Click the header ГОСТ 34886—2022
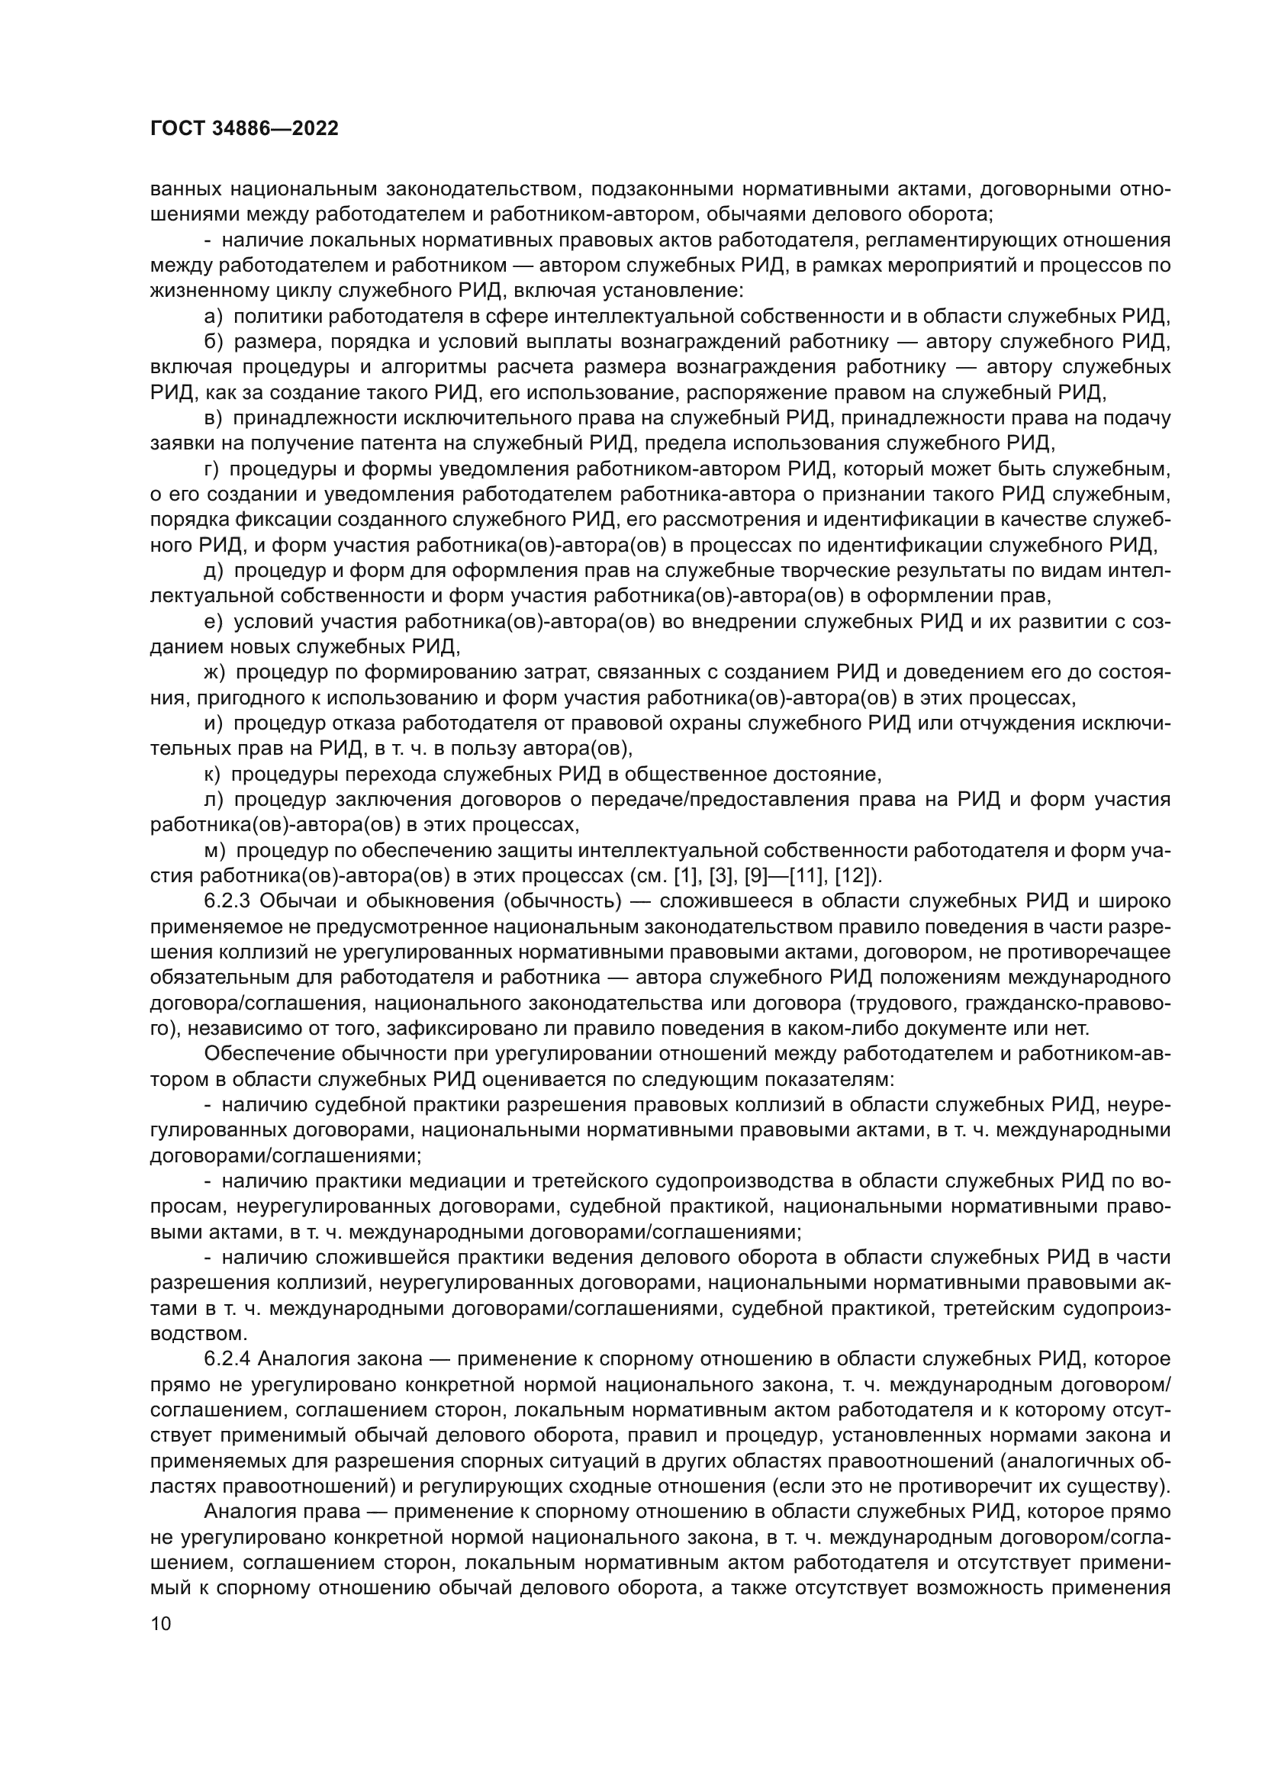244,129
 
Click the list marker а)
213,317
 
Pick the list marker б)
213,342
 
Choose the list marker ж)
214,672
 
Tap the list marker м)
214,850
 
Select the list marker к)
212,775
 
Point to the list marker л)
214,800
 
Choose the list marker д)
214,571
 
